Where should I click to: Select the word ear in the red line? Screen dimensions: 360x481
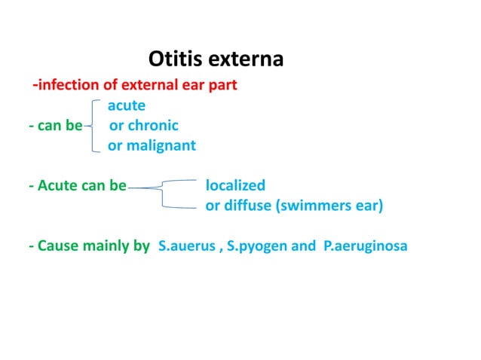(x=192, y=84)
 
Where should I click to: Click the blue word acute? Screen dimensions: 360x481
(x=126, y=105)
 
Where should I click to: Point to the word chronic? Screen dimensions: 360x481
(x=153, y=125)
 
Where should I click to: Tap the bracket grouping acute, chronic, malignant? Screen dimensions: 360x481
(x=93, y=125)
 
